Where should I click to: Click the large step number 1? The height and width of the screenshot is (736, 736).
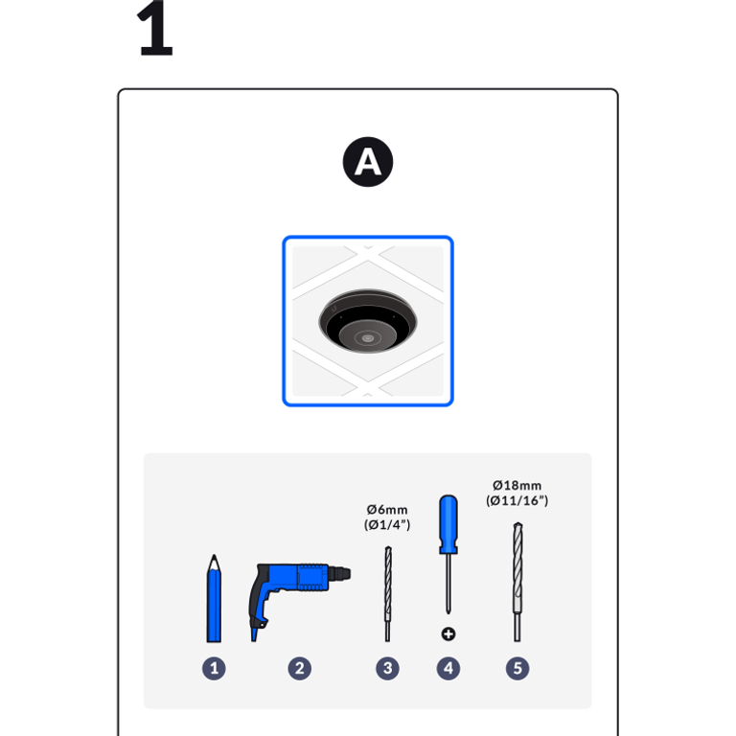(155, 28)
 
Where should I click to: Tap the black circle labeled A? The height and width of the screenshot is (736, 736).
(368, 162)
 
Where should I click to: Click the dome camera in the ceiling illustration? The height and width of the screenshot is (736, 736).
(368, 321)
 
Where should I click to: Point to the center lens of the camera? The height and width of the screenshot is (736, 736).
(368, 338)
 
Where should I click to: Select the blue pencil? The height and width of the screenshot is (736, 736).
(214, 598)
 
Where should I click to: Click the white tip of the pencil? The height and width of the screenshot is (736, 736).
(214, 563)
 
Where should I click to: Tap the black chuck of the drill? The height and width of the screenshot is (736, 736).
(339, 574)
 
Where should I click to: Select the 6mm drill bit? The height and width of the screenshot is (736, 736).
(388, 594)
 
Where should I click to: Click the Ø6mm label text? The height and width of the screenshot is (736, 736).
(387, 510)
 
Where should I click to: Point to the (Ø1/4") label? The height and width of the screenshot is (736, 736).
(387, 525)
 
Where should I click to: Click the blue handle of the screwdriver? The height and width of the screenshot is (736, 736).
(448, 524)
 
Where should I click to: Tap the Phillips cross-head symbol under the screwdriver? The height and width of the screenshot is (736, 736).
(448, 634)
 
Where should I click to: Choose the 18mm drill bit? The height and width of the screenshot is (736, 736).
(517, 582)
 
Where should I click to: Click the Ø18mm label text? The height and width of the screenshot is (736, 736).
(517, 485)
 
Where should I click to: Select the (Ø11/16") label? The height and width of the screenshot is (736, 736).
(517, 501)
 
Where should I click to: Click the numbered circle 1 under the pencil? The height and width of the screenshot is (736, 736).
(214, 668)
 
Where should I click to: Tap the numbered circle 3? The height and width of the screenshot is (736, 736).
(388, 668)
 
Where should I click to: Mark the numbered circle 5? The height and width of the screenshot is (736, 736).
(517, 668)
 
